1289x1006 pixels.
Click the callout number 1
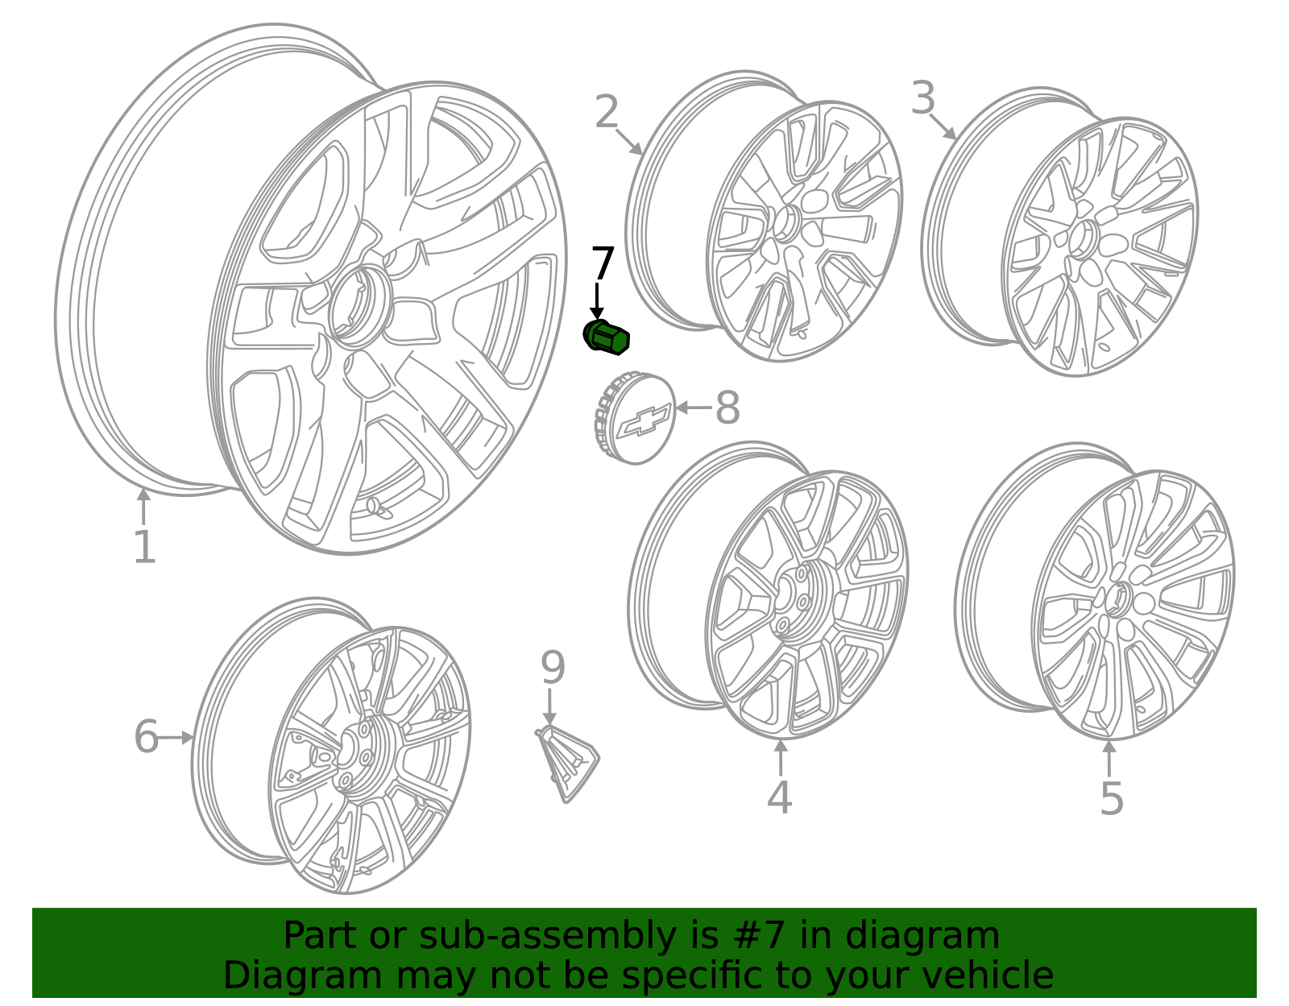coord(144,548)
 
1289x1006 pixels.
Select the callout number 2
coord(607,112)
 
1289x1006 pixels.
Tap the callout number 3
coord(923,98)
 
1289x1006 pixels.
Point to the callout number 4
coord(779,797)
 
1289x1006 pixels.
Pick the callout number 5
coord(1112,799)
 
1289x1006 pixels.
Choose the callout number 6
coord(146,737)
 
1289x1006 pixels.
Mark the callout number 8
coord(727,408)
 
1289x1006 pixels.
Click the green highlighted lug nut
coord(606,337)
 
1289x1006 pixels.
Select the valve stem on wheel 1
coord(376,507)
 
